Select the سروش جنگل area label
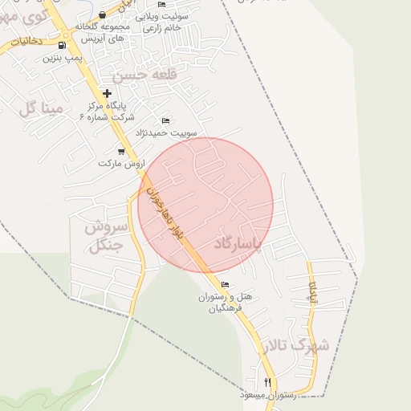(x=104, y=236)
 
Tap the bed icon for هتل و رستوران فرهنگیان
(x=225, y=284)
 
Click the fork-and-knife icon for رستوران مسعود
(x=268, y=382)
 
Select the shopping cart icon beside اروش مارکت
(x=121, y=151)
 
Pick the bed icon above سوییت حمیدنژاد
(x=166, y=120)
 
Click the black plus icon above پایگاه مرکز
(x=108, y=93)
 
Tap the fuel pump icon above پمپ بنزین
(x=63, y=46)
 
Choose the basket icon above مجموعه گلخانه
(x=102, y=15)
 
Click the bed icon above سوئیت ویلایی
(x=162, y=5)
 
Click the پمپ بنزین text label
(x=63, y=59)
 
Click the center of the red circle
(x=205, y=205)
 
